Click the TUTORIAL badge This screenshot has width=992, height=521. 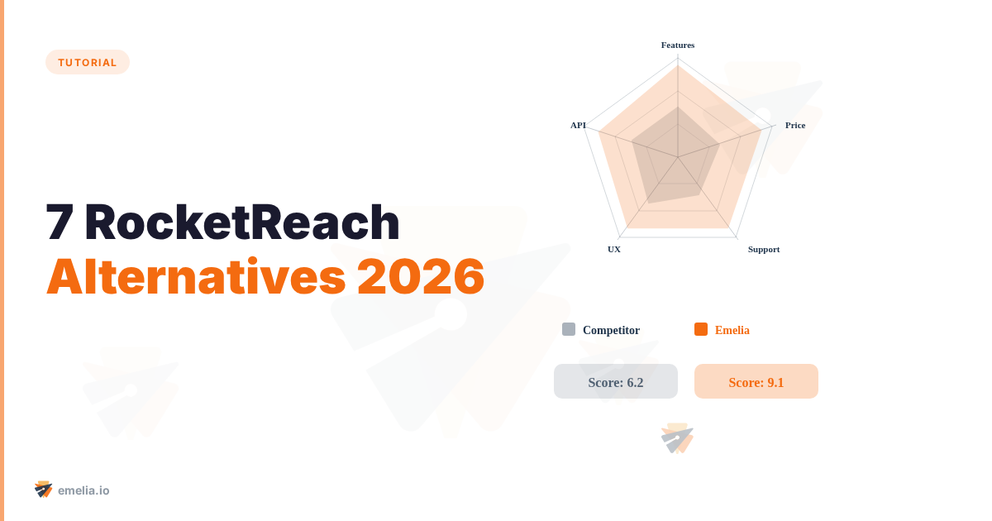click(x=87, y=62)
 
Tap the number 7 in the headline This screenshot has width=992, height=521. click(x=60, y=222)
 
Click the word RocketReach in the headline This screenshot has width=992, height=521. click(x=241, y=222)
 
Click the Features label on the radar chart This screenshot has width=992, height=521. click(x=678, y=45)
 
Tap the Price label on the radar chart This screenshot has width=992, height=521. click(x=795, y=125)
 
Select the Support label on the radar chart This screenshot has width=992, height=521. click(x=764, y=249)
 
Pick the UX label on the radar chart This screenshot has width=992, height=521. click(x=614, y=249)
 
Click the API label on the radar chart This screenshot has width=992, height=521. click(x=578, y=125)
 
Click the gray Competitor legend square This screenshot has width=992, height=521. click(x=569, y=329)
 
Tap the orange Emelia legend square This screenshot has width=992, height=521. click(x=701, y=329)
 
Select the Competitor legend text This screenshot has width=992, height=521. click(x=611, y=330)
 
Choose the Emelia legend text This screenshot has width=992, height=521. click(x=732, y=330)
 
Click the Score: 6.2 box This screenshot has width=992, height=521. click(x=616, y=381)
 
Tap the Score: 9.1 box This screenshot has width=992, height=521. click(x=756, y=381)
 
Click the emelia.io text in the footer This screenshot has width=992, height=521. click(x=83, y=490)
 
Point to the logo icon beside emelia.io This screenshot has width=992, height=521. click(x=44, y=490)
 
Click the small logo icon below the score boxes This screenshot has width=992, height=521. click(x=678, y=438)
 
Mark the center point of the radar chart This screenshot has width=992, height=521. click(x=678, y=157)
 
